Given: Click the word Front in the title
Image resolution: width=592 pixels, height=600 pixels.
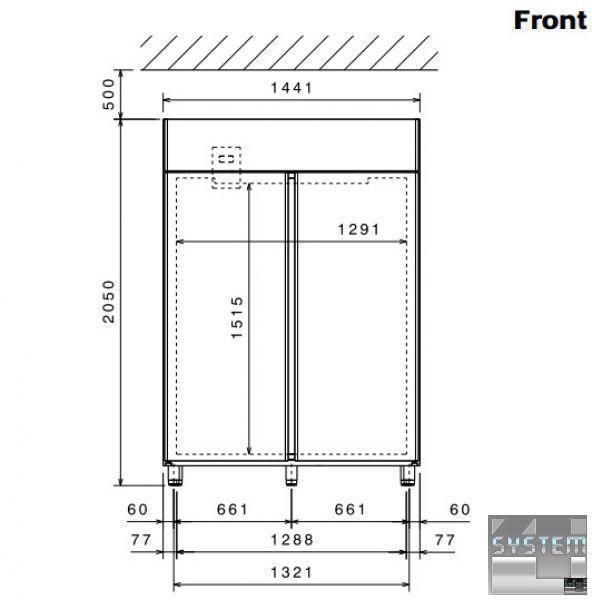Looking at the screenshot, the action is click(x=550, y=20).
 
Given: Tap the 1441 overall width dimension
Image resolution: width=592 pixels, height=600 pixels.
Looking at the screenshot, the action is click(x=292, y=88).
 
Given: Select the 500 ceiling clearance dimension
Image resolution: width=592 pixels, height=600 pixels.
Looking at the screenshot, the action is click(x=109, y=94).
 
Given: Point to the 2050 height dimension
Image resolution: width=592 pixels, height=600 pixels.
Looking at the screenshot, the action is click(x=109, y=302).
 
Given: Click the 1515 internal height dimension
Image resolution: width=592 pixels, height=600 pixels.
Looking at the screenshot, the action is click(x=237, y=317).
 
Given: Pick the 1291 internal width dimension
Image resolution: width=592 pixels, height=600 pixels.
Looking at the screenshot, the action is click(x=359, y=230).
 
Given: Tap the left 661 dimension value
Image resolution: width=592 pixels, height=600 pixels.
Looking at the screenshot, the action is click(x=233, y=509).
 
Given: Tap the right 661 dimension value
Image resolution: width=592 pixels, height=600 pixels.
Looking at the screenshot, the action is click(x=350, y=509).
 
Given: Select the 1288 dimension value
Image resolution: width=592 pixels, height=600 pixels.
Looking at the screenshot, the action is click(x=292, y=540).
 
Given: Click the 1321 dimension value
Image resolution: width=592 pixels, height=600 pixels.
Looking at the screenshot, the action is click(x=292, y=573).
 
